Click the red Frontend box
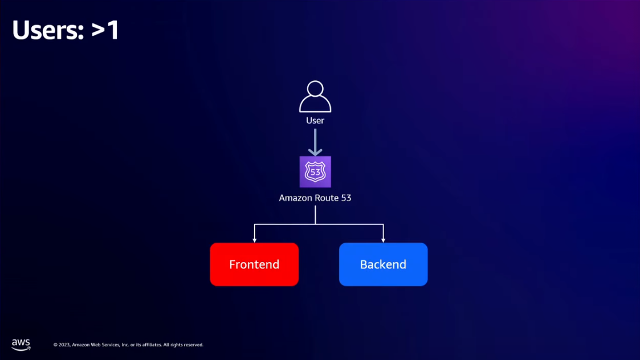click(x=254, y=264)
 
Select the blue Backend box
click(x=383, y=264)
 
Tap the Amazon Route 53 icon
click(x=315, y=171)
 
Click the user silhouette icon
click(x=315, y=97)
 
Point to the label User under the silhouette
click(x=315, y=121)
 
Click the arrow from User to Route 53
click(x=315, y=141)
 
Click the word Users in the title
click(x=48, y=30)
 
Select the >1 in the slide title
click(x=105, y=30)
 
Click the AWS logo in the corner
click(x=21, y=345)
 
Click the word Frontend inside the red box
click(x=254, y=264)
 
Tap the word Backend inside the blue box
click(x=383, y=264)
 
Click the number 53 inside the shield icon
click(x=315, y=172)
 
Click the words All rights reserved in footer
click(x=183, y=345)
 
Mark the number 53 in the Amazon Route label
click(x=346, y=198)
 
